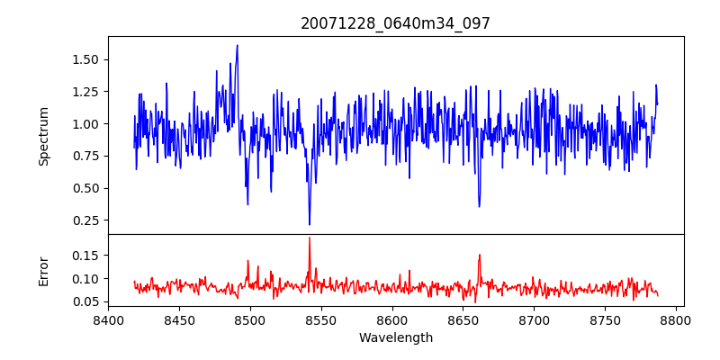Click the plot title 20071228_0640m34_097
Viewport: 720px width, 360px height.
pyautogui.click(x=395, y=23)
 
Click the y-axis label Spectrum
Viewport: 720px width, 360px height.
pyautogui.click(x=43, y=136)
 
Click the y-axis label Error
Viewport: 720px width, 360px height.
pyautogui.click(x=43, y=271)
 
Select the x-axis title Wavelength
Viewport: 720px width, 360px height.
pyautogui.click(x=396, y=338)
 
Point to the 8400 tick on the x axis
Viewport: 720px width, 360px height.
pyautogui.click(x=108, y=319)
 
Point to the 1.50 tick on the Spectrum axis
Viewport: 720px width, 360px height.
pyautogui.click(x=85, y=59)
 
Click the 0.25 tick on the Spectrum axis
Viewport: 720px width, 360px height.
pyautogui.click(x=85, y=220)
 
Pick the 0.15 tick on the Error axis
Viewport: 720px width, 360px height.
pyautogui.click(x=85, y=256)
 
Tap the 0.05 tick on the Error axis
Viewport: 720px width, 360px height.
pyautogui.click(x=85, y=301)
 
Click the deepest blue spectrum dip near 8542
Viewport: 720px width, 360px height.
pyautogui.click(x=310, y=224)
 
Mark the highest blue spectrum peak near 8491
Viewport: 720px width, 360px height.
pyautogui.click(x=238, y=45)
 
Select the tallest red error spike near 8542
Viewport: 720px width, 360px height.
pyautogui.click(x=310, y=238)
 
